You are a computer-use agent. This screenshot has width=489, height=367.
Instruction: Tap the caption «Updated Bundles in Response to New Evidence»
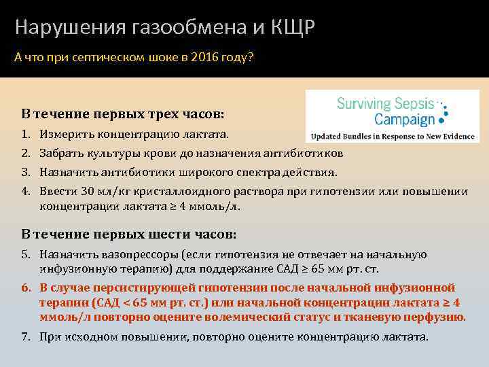(395, 135)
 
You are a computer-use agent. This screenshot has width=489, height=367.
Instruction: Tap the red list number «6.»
(26, 287)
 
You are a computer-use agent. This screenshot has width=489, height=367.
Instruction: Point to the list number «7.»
(26, 336)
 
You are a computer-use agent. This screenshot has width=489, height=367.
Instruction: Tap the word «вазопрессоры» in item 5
(128, 254)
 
